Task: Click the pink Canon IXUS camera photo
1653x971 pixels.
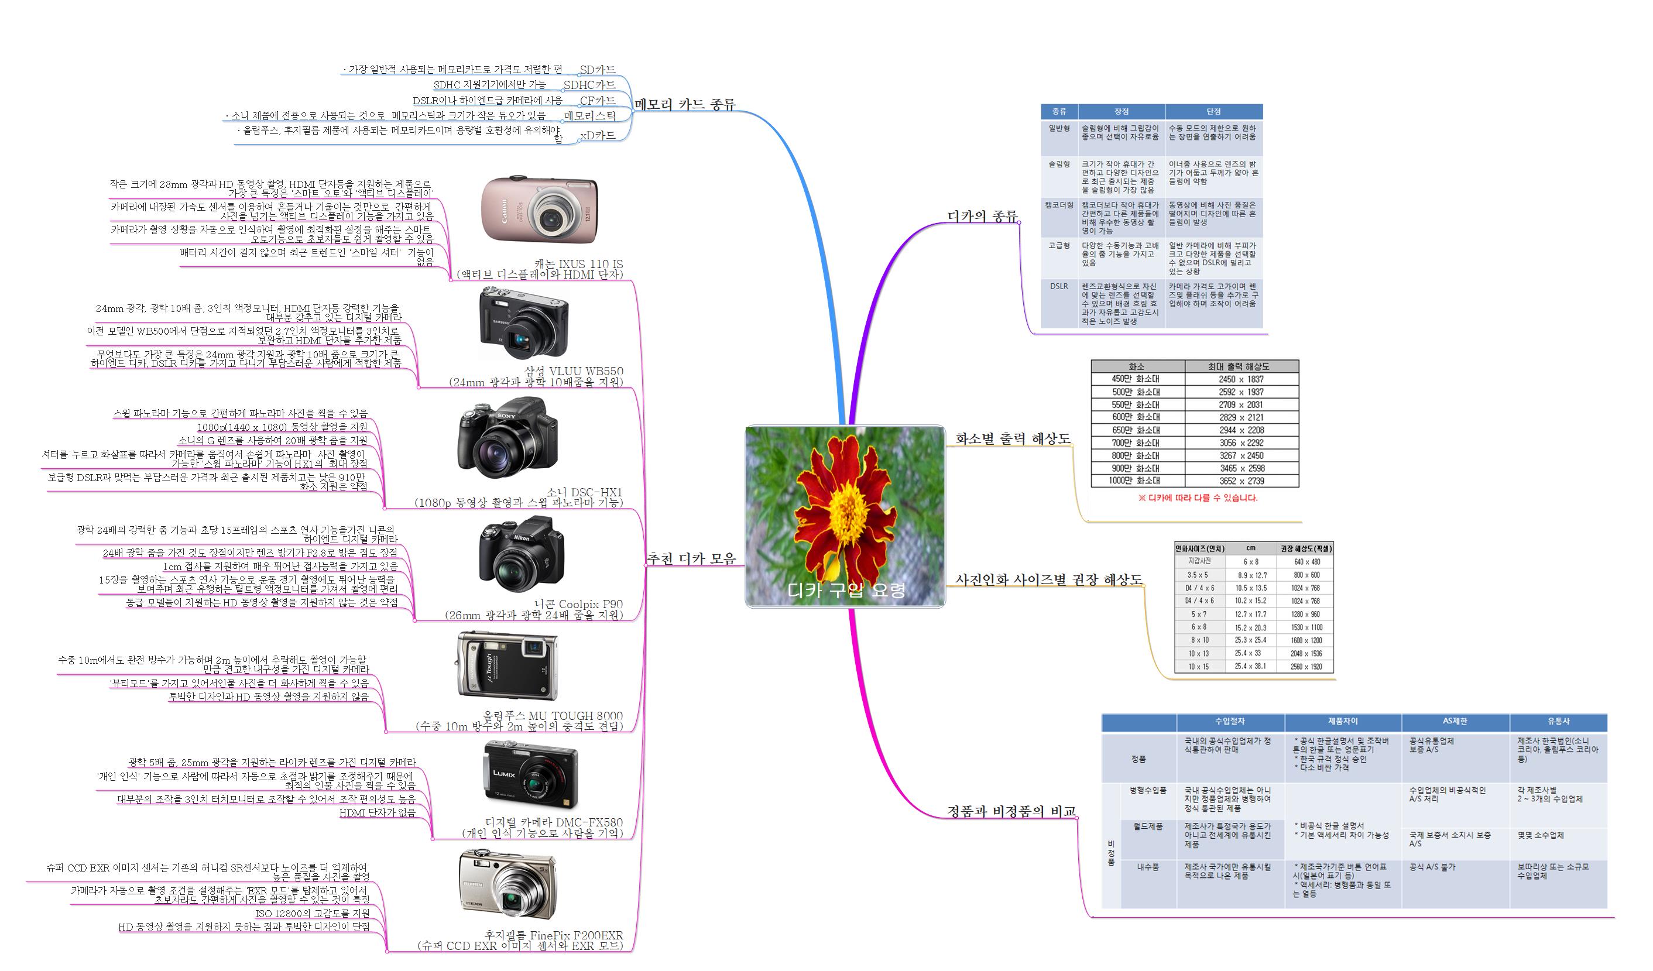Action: pos(539,210)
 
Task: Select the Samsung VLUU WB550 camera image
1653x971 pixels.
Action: pos(524,323)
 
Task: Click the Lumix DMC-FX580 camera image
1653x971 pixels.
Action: pos(531,776)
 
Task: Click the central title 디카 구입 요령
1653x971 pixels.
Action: pos(846,590)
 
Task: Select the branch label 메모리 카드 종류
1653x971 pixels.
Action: pos(685,104)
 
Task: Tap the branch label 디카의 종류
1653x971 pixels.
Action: pos(982,216)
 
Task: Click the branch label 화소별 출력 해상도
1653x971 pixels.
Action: pos(1012,438)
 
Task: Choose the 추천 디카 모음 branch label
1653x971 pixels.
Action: pos(691,558)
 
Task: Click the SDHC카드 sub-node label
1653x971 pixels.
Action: pos(589,85)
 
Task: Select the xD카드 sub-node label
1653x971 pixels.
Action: pos(598,135)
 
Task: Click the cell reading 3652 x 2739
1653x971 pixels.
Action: pos(1241,481)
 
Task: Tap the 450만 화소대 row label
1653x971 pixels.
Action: pos(1136,379)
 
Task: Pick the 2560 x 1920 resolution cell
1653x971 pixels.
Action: pos(1306,667)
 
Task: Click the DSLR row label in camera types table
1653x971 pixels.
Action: pos(1059,286)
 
